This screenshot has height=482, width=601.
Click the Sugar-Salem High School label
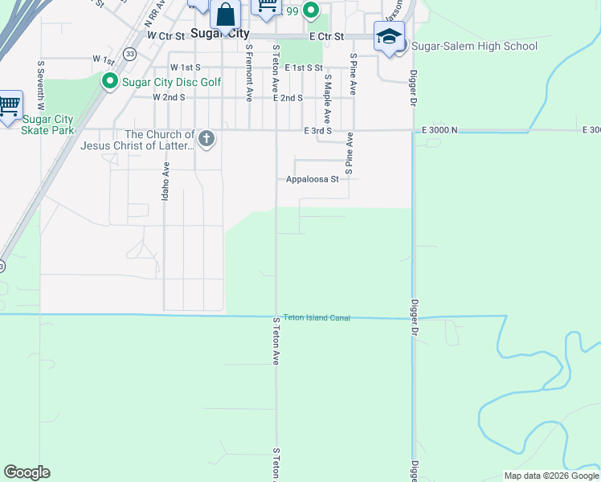point(474,46)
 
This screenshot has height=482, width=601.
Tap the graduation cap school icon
point(389,37)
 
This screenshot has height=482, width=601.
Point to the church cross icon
point(206,139)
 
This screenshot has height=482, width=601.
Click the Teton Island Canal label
point(317,318)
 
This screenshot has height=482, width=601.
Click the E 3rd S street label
point(317,130)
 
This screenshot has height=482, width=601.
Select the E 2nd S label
point(288,97)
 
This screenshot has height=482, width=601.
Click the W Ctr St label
point(166,36)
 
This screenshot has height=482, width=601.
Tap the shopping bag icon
point(226,14)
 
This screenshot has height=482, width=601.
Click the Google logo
point(27,472)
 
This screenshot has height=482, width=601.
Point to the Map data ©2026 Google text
point(551,476)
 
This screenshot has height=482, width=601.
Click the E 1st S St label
point(303,68)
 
